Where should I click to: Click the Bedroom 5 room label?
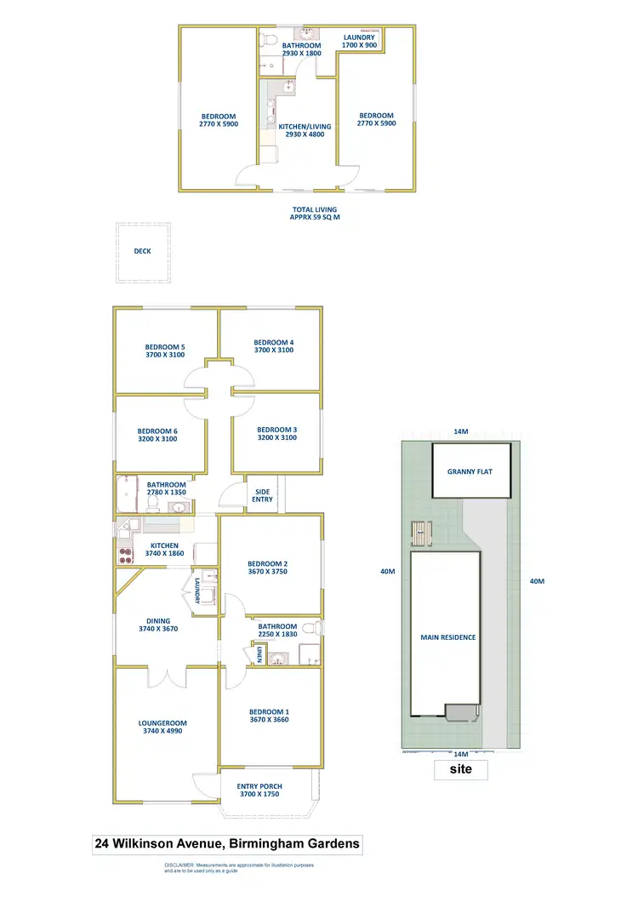(165, 351)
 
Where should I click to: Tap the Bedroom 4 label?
(274, 346)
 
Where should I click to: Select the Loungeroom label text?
(162, 726)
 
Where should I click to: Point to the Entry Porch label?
(260, 790)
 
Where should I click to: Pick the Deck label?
(142, 251)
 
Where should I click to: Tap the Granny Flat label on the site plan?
(470, 471)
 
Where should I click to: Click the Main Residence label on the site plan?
(448, 637)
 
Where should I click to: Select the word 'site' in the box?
(461, 769)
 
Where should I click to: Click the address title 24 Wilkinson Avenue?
(227, 844)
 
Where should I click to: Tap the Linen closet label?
(259, 654)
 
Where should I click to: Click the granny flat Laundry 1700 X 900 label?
(359, 41)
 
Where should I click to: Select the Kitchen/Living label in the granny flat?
(304, 130)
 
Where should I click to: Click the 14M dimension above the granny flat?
(460, 432)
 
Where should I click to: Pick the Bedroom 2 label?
(268, 568)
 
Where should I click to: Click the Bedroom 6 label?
(159, 433)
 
